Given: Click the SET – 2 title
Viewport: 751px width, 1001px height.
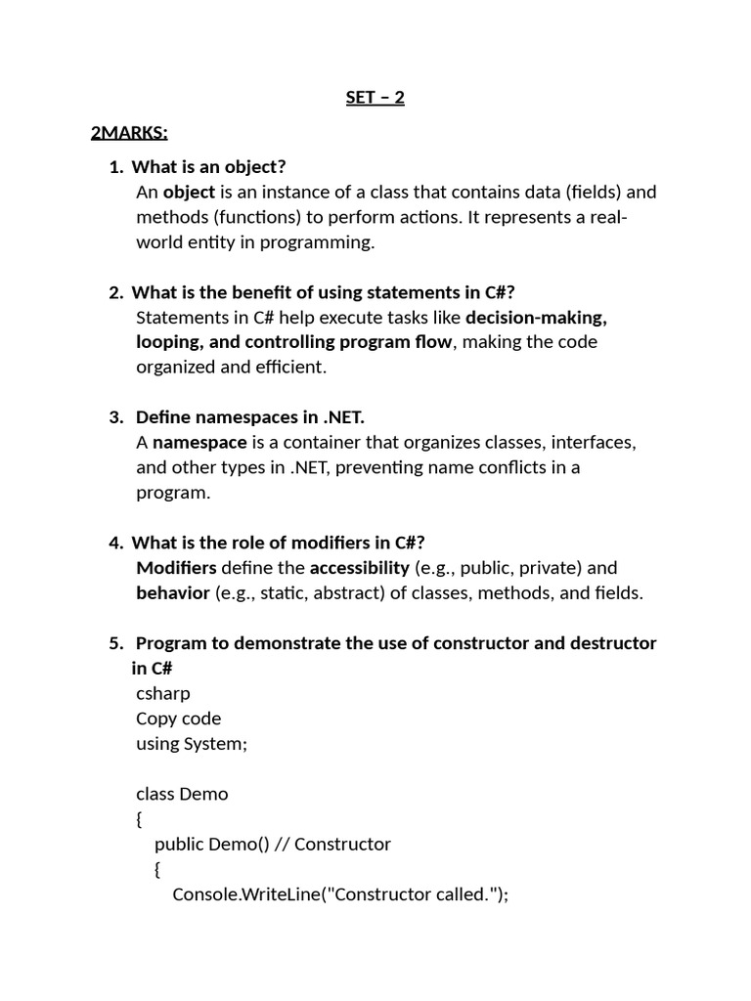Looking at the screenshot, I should click(375, 98).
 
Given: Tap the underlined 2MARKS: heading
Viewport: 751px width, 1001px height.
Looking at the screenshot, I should click(129, 132).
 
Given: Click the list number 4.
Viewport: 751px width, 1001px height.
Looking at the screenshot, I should click(115, 543).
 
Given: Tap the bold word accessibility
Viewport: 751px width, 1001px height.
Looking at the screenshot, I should click(360, 568).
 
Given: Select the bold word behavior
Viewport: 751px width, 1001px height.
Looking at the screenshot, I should click(173, 592).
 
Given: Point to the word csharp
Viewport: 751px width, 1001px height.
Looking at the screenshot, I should click(163, 693).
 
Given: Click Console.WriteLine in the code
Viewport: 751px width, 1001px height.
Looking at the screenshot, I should click(248, 894).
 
